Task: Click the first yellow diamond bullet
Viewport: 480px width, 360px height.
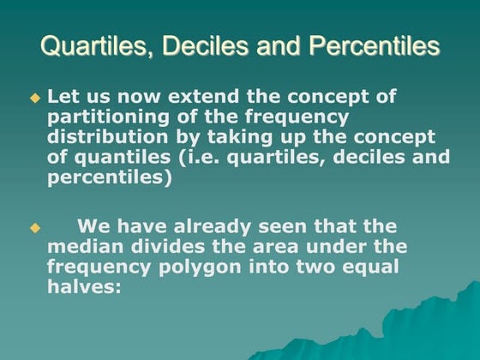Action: pos(35,98)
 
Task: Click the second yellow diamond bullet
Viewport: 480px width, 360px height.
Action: pos(35,228)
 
